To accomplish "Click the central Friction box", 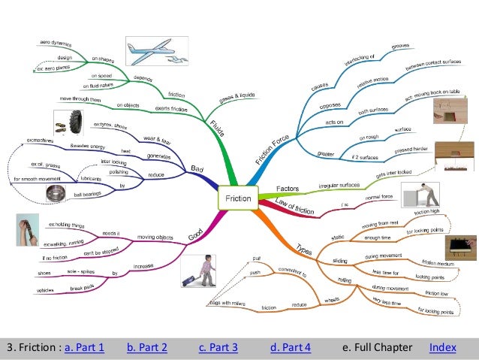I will point(239,199).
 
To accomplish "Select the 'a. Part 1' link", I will point(84,347).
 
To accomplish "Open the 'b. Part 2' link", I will point(146,347).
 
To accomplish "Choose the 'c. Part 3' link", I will point(218,347).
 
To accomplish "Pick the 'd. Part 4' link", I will point(290,347).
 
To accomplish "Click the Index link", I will point(442,347).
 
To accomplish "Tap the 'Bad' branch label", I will point(197,169).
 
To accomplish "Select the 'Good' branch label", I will point(195,234).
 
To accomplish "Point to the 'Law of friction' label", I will point(292,204).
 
